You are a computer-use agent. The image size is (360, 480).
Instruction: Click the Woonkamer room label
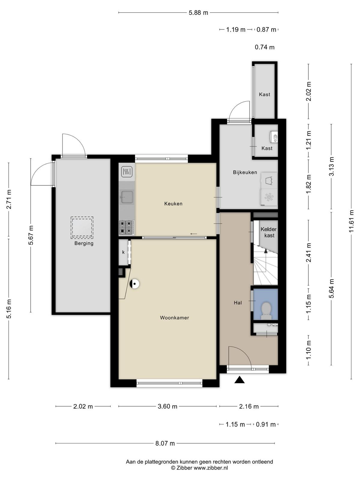[x=174, y=318]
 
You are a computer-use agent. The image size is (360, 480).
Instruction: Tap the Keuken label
[x=173, y=204]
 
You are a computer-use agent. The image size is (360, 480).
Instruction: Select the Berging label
[x=84, y=243]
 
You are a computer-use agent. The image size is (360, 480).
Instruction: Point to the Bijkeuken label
[x=245, y=172]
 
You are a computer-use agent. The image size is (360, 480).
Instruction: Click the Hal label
[x=238, y=303]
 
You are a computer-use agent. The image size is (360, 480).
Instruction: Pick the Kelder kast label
[x=268, y=232]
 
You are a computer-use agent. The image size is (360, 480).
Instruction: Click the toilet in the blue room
[x=266, y=311]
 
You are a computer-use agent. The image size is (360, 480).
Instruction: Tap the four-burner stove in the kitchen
[x=127, y=227]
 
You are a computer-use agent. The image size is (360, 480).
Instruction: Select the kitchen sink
[x=127, y=197]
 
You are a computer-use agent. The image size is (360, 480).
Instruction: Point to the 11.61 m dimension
[x=351, y=221]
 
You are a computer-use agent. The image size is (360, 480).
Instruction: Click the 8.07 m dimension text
[x=165, y=443]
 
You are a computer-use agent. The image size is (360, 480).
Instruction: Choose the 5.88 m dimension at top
[x=199, y=13]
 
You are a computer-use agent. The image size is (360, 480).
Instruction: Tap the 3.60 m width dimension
[x=167, y=406]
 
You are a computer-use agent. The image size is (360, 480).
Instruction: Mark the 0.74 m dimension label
[x=265, y=47]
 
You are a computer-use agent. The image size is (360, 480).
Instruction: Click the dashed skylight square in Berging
[x=82, y=228]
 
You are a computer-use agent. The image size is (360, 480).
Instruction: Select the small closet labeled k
[x=124, y=252]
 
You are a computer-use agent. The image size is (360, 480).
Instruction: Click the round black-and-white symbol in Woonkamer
[x=135, y=284]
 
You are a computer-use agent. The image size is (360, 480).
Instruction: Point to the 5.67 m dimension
[x=31, y=235]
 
